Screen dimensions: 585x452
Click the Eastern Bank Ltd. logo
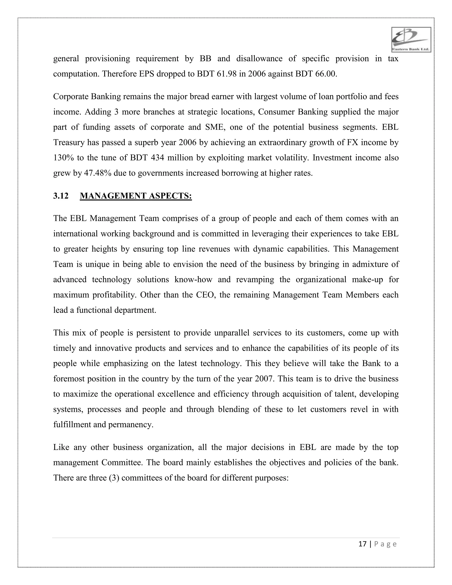tap(411, 40)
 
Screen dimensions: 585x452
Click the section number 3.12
tap(61, 196)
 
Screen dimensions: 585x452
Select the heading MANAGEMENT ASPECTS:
tap(136, 196)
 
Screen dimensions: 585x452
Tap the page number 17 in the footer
tap(362, 544)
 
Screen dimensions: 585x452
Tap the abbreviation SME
tap(213, 127)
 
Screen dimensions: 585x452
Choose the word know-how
tap(193, 280)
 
